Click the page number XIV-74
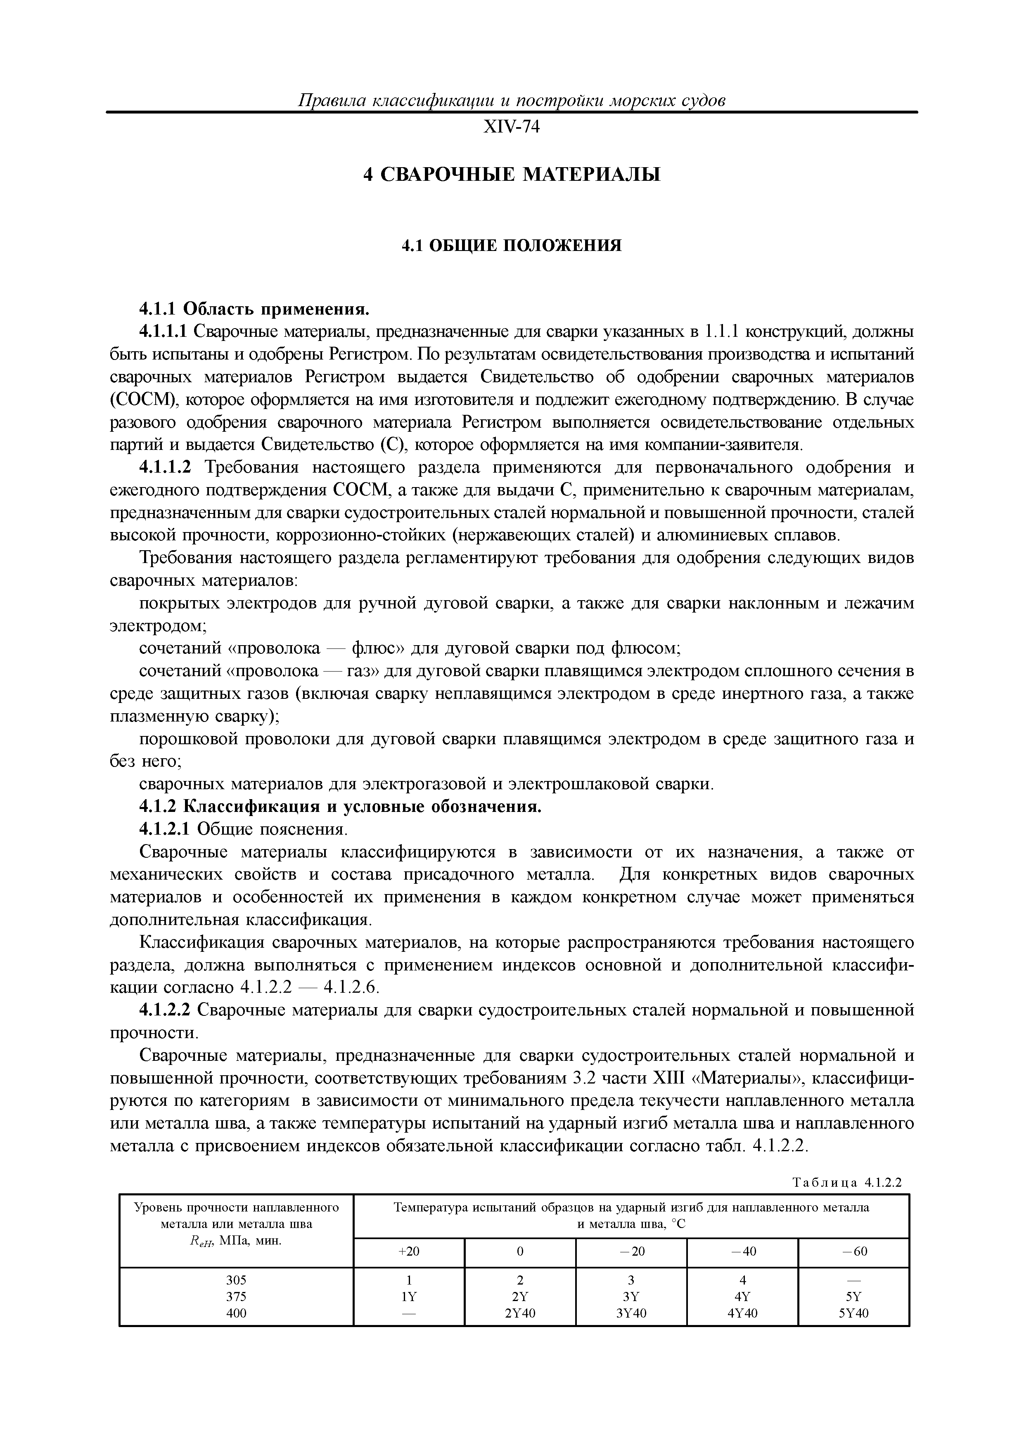512,128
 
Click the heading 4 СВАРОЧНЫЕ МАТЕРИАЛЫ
512,174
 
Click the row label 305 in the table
236,1280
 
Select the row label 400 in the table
236,1313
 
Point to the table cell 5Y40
853,1313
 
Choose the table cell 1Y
409,1297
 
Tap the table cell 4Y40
742,1313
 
